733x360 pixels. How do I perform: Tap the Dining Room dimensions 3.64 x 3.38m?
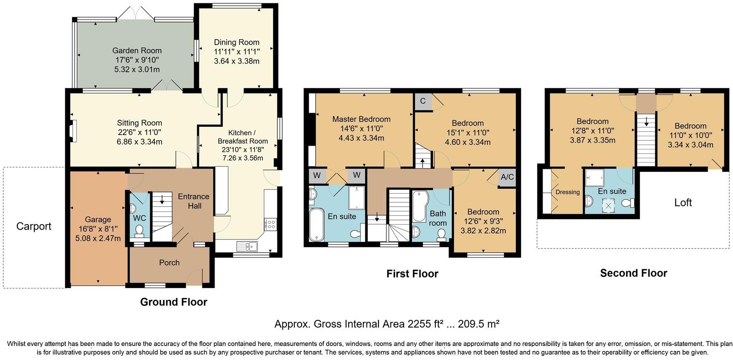(x=236, y=61)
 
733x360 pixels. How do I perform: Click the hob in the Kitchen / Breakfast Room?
(x=271, y=224)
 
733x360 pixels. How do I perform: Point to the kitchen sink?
(x=247, y=246)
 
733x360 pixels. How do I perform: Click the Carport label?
(x=34, y=226)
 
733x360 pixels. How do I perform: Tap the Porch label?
(x=169, y=263)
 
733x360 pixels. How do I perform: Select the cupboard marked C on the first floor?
(x=423, y=101)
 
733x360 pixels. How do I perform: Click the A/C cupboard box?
(x=507, y=177)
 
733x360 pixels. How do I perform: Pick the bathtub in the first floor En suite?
(x=317, y=224)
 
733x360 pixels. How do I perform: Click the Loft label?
(x=683, y=202)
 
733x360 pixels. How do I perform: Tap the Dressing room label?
(x=567, y=192)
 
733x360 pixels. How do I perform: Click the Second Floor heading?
(x=634, y=273)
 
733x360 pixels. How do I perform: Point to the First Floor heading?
(x=412, y=273)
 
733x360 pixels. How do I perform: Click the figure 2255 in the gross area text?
(x=417, y=324)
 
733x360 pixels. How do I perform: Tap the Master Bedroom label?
(x=362, y=119)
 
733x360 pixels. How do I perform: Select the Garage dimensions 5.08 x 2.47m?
(x=98, y=238)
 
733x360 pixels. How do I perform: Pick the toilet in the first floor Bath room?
(x=442, y=234)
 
